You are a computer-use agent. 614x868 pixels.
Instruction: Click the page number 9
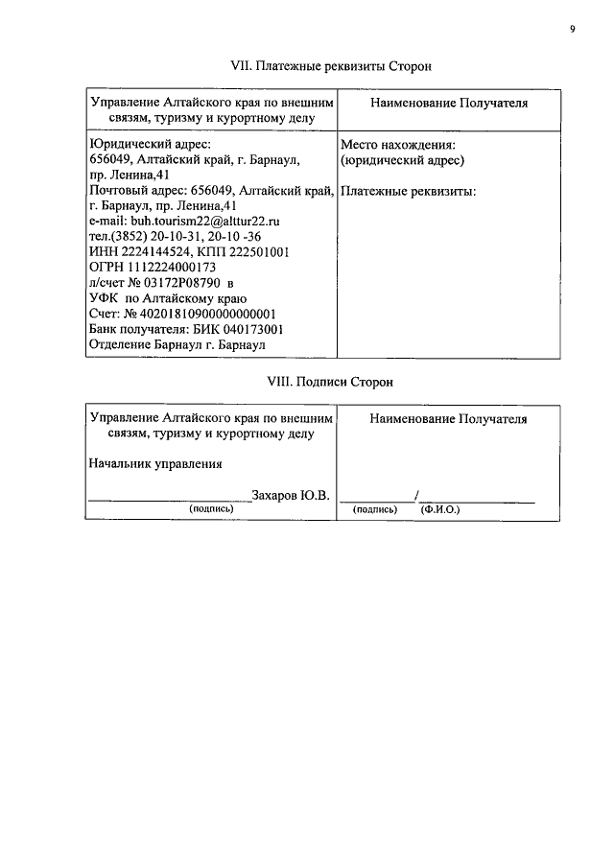click(x=572, y=30)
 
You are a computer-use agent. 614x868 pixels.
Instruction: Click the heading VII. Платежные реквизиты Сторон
click(x=331, y=66)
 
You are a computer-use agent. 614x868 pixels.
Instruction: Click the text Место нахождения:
click(x=397, y=144)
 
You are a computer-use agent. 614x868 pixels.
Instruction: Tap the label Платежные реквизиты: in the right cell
click(x=409, y=190)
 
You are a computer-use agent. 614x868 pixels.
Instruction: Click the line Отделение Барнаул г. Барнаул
click(x=177, y=344)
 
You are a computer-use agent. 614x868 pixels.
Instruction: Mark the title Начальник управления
click(x=155, y=464)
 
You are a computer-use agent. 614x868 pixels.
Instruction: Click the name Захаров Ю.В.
click(x=291, y=495)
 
